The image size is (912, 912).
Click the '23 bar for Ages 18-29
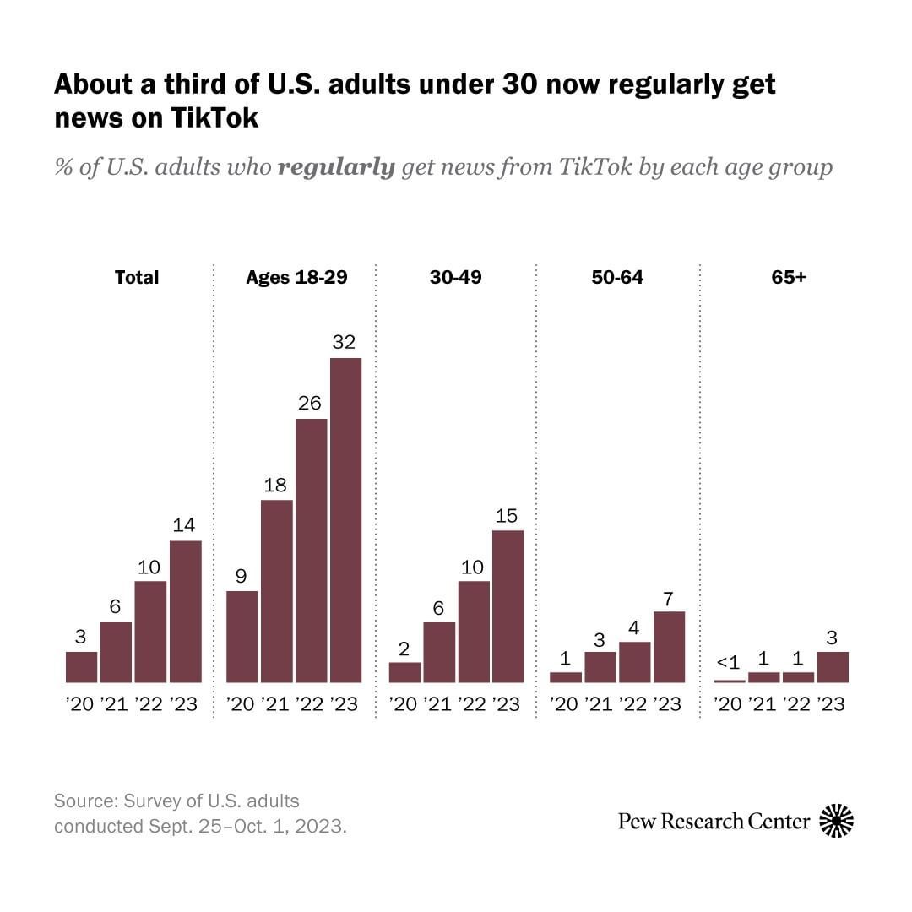(345, 519)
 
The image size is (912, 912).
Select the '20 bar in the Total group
(81, 666)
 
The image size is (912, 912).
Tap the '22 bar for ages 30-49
(473, 631)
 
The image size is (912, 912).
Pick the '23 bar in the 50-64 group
(669, 646)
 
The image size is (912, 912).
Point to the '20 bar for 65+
(730, 681)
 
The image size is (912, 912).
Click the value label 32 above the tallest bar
(345, 342)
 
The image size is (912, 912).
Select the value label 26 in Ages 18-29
(311, 403)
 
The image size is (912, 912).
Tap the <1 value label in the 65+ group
(727, 663)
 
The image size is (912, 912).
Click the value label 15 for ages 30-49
(507, 515)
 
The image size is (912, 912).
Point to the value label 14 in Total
(184, 524)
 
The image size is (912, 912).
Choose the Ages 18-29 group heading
(296, 277)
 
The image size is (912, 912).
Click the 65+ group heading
(789, 277)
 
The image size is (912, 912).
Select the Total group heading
(137, 277)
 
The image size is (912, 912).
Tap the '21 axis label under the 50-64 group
(599, 704)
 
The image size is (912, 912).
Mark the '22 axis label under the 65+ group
(797, 704)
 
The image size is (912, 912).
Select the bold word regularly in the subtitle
(336, 167)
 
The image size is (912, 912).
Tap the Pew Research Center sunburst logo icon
(836, 821)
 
